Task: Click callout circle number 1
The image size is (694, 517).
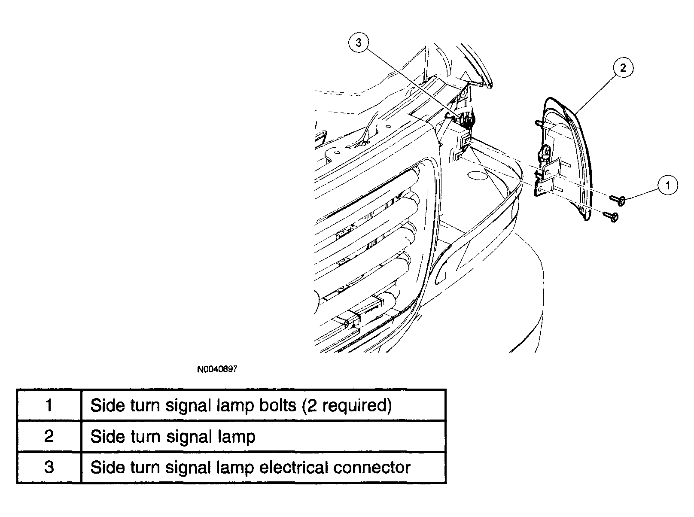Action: coord(668,185)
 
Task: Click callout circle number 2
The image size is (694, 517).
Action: coord(623,67)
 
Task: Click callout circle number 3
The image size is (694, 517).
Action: coord(359,42)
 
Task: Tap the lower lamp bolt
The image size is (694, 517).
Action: coord(610,216)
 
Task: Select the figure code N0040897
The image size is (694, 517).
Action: coord(217,369)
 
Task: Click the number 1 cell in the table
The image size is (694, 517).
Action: coord(49,405)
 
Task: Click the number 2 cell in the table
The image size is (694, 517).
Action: coord(49,436)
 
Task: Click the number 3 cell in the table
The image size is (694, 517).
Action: coord(49,467)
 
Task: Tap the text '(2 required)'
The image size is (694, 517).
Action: coord(347,406)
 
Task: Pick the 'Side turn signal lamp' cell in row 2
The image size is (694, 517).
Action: coord(263,436)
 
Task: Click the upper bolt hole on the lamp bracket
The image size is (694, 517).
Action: coord(547,172)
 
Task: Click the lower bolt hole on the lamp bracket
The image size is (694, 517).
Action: coord(540,189)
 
